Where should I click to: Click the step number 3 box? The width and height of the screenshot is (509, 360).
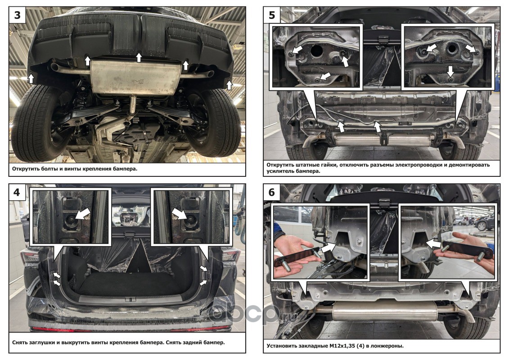point(17,15)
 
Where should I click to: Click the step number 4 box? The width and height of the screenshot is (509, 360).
point(17,192)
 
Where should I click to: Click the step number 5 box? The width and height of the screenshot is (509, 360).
point(272,15)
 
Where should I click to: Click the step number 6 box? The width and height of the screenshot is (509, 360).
point(272,192)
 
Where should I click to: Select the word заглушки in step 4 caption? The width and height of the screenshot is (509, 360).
point(41,342)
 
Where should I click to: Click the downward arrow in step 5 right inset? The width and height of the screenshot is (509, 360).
point(450,72)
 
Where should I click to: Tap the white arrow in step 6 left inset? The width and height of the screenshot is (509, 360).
point(329,248)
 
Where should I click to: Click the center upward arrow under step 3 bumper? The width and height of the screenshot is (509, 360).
point(139,58)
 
